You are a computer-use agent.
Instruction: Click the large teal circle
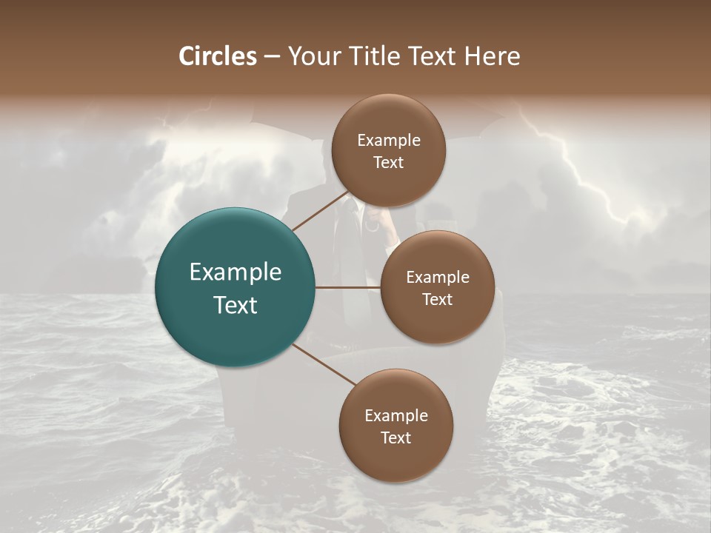[236, 287]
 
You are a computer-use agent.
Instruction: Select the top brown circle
[388, 151]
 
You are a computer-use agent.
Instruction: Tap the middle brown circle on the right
[437, 287]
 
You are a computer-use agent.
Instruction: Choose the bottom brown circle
[395, 426]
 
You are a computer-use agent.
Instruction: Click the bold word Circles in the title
[217, 56]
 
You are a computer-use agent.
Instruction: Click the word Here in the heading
[493, 56]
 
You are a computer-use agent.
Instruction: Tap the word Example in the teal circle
[236, 272]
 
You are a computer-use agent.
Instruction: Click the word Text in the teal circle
[236, 305]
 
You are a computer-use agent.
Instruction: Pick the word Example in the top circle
[389, 141]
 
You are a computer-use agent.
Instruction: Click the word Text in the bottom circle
[395, 438]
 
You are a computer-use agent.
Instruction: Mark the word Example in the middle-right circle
[438, 278]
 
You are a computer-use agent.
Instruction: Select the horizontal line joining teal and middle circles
[348, 287]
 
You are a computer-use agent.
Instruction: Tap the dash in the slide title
[272, 56]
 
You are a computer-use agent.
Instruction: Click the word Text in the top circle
[388, 162]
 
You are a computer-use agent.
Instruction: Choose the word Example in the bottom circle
[396, 416]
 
